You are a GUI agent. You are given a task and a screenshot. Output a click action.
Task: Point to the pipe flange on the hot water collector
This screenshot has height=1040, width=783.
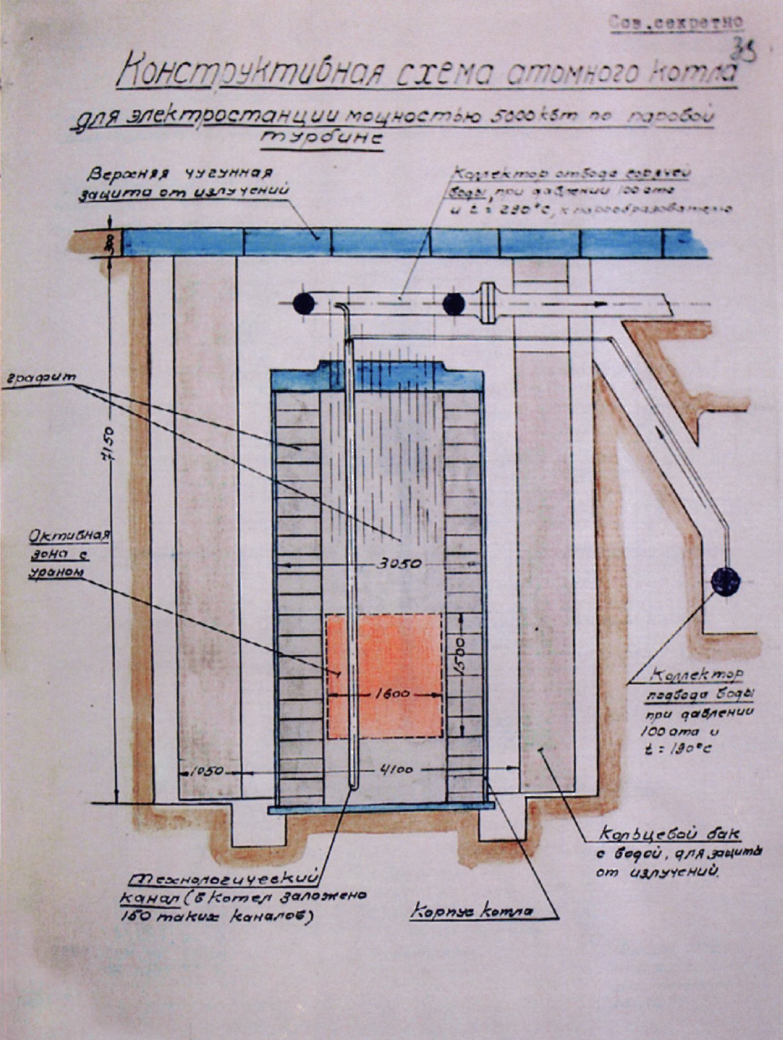pos(486,303)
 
